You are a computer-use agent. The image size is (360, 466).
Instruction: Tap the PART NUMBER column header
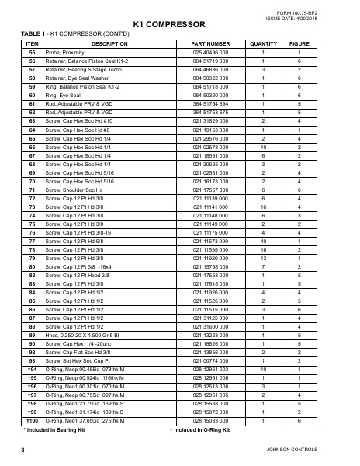[x=209, y=44]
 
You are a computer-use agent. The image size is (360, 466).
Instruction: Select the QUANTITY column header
[x=265, y=44]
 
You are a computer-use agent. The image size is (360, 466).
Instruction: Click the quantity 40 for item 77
[x=265, y=242]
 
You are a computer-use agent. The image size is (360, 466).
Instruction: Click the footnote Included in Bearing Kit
[x=57, y=429]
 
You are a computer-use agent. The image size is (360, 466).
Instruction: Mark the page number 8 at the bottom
[x=23, y=450]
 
